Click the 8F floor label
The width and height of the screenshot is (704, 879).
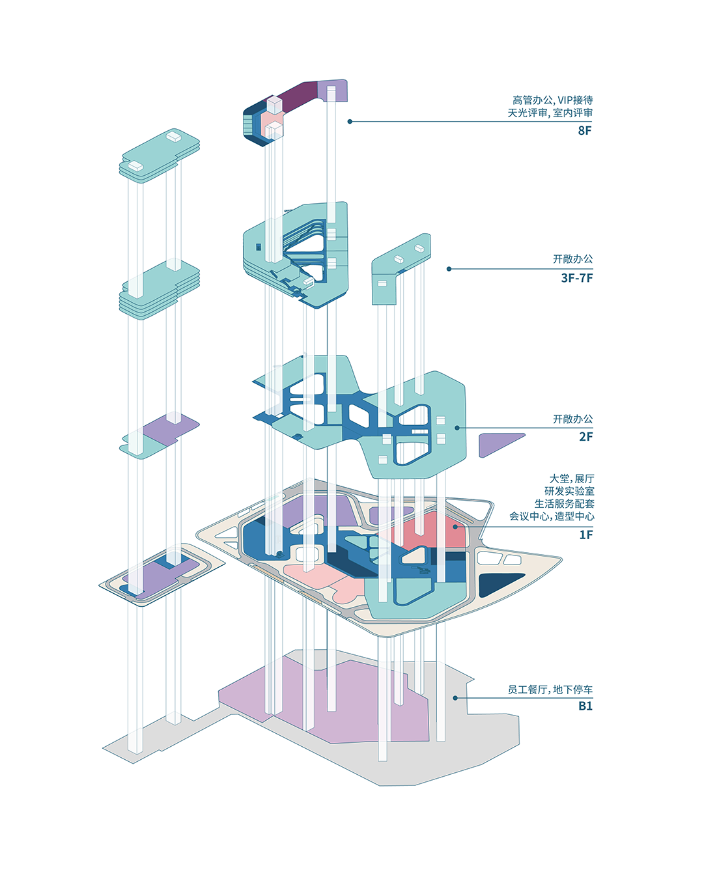[x=585, y=130]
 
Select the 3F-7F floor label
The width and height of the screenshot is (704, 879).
[x=577, y=278]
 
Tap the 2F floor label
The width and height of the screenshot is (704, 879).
[x=586, y=437]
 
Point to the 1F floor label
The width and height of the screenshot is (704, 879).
[x=586, y=535]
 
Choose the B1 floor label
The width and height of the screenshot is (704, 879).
[x=585, y=706]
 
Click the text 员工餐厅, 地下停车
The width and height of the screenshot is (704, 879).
[x=550, y=690]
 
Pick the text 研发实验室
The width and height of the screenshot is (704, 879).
[x=569, y=491]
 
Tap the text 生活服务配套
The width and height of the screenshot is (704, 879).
[x=564, y=503]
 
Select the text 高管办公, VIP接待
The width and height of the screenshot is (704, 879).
[x=552, y=100]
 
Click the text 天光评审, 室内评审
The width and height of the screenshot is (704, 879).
[x=550, y=113]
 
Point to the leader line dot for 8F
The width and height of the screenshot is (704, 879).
[x=350, y=122]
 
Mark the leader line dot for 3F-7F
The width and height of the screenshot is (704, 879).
[x=449, y=268]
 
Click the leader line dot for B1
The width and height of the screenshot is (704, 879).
[x=455, y=698]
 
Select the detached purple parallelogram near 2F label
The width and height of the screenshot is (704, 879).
[x=498, y=444]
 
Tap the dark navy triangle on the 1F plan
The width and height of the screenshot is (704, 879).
[x=498, y=583]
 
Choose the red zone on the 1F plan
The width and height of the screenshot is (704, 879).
[x=430, y=531]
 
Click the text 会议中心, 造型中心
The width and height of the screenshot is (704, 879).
[x=552, y=516]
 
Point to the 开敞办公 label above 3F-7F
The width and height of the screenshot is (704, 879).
[x=573, y=259]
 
